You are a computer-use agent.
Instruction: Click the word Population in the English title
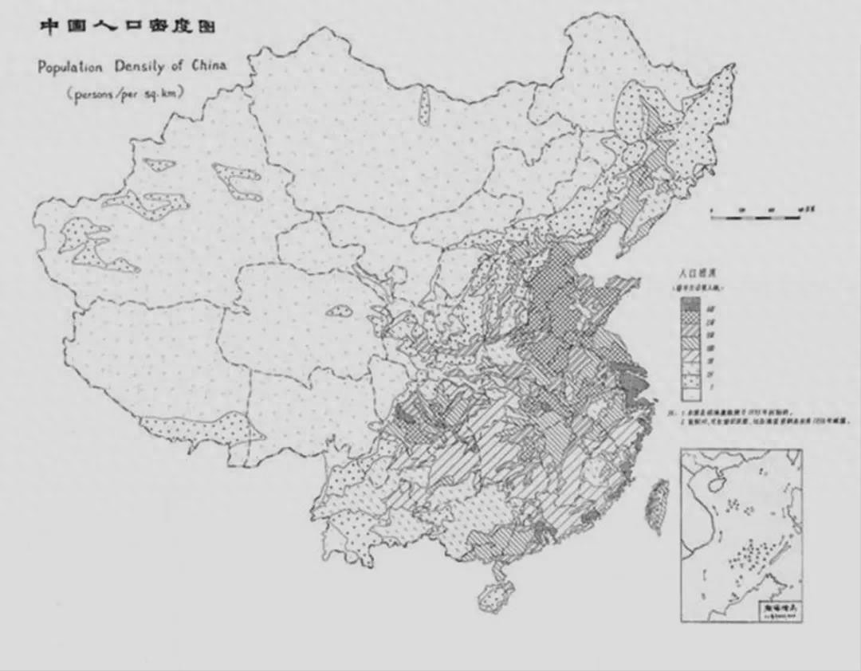click(70, 67)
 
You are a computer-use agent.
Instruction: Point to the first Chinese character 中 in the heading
click(49, 26)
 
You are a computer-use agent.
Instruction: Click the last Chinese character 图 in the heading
click(207, 26)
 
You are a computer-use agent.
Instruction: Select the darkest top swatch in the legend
click(690, 304)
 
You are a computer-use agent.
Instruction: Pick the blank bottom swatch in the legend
click(690, 393)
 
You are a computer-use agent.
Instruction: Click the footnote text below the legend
click(757, 417)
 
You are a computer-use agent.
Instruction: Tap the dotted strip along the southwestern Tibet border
click(199, 428)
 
